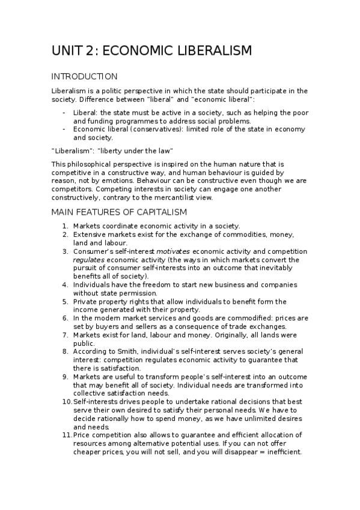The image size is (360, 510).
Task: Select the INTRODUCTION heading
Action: tap(84, 76)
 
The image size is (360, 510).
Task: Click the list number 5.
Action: tap(65, 301)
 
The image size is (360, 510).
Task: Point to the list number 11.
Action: tap(66, 434)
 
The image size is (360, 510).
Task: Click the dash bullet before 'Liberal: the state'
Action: tap(64, 112)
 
